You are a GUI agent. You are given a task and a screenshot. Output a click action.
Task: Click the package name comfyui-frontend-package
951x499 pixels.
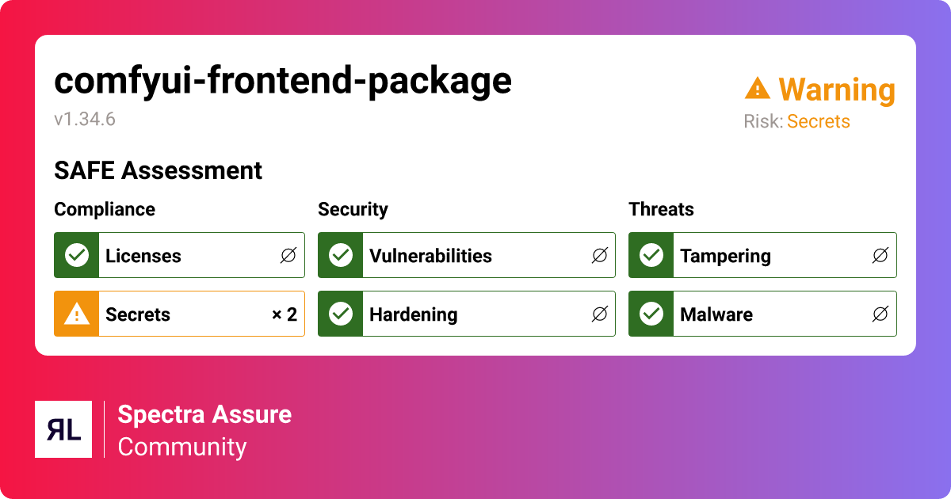pyautogui.click(x=283, y=81)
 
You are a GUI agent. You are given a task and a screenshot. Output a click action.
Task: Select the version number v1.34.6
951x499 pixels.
pyautogui.click(x=85, y=120)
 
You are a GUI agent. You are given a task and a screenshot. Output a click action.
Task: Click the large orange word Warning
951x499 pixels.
pyautogui.click(x=837, y=90)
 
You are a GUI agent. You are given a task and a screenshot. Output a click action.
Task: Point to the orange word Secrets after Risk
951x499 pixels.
pyautogui.click(x=818, y=121)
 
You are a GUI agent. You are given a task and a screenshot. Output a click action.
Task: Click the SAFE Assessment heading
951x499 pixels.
pyautogui.click(x=158, y=170)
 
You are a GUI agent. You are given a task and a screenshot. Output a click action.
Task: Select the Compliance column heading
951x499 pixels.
pyautogui.click(x=105, y=209)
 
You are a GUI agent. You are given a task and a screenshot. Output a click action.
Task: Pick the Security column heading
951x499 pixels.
pyautogui.click(x=353, y=209)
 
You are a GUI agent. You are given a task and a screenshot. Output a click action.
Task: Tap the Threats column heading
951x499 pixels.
pyautogui.click(x=661, y=209)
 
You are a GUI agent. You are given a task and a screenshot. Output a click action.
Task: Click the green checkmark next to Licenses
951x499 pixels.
pyautogui.click(x=77, y=255)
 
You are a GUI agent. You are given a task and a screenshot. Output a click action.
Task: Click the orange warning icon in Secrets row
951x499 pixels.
pyautogui.click(x=77, y=314)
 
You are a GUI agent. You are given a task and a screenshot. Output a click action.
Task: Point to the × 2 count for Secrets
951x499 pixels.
pyautogui.click(x=284, y=314)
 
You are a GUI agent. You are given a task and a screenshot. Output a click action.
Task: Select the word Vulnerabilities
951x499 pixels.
pyautogui.click(x=430, y=256)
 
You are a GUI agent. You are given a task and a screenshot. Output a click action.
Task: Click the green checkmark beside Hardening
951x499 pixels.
pyautogui.click(x=341, y=314)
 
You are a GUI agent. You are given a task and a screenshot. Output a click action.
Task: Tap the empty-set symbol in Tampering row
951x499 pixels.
pyautogui.click(x=880, y=256)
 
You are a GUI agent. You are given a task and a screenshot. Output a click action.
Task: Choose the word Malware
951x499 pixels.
pyautogui.click(x=716, y=314)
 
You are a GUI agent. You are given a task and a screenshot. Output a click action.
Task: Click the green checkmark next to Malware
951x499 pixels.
pyautogui.click(x=651, y=314)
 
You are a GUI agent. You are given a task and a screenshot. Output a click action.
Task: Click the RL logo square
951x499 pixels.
pyautogui.click(x=63, y=429)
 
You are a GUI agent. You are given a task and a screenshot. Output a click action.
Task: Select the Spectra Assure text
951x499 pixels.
pyautogui.click(x=204, y=414)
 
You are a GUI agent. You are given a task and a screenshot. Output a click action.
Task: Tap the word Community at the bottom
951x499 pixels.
pyautogui.click(x=182, y=447)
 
